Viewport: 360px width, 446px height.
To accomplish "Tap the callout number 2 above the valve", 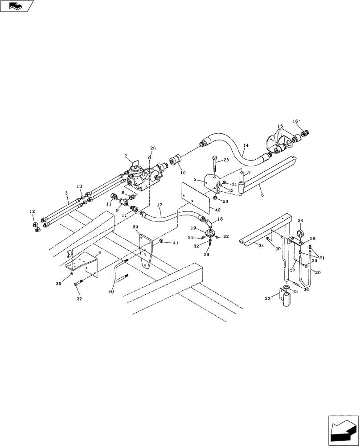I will click(126, 157).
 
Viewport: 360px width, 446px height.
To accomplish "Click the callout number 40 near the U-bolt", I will click(111, 292).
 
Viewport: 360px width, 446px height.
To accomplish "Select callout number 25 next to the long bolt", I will click(226, 160).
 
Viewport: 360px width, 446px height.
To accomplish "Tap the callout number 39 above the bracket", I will click(136, 227).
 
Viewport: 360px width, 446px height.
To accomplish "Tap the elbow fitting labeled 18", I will click(208, 221).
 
